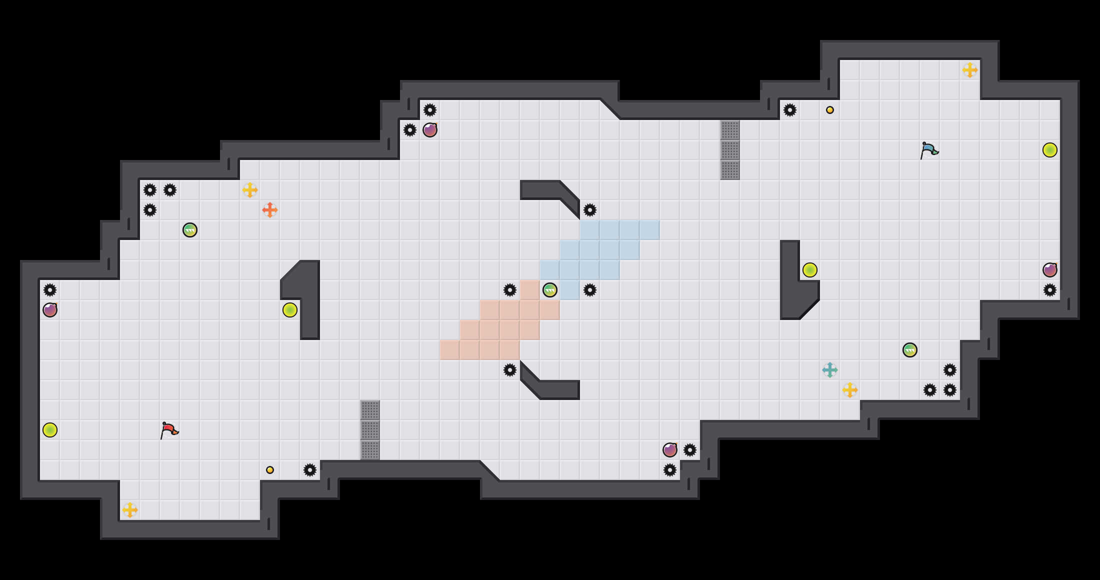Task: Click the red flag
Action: pos(169,430)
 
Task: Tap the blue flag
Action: pos(929,150)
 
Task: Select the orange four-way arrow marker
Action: pos(270,210)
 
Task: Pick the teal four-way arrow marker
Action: pos(830,370)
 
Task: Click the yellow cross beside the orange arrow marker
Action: pos(250,190)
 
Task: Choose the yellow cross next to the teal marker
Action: pos(850,390)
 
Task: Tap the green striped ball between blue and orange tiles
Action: pos(550,290)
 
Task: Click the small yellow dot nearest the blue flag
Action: pos(830,110)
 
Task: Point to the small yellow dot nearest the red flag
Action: pos(270,470)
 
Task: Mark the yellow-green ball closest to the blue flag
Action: pos(1050,150)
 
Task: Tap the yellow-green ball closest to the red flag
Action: pos(50,430)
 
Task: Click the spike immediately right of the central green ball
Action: pos(590,290)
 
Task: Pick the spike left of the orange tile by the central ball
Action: pos(510,290)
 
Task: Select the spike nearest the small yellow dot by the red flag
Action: pos(310,470)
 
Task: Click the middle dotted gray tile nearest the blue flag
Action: pos(730,150)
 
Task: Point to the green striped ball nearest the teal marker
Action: pos(910,350)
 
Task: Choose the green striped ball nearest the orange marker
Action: pos(190,230)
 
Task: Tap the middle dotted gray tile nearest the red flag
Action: pos(370,430)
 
